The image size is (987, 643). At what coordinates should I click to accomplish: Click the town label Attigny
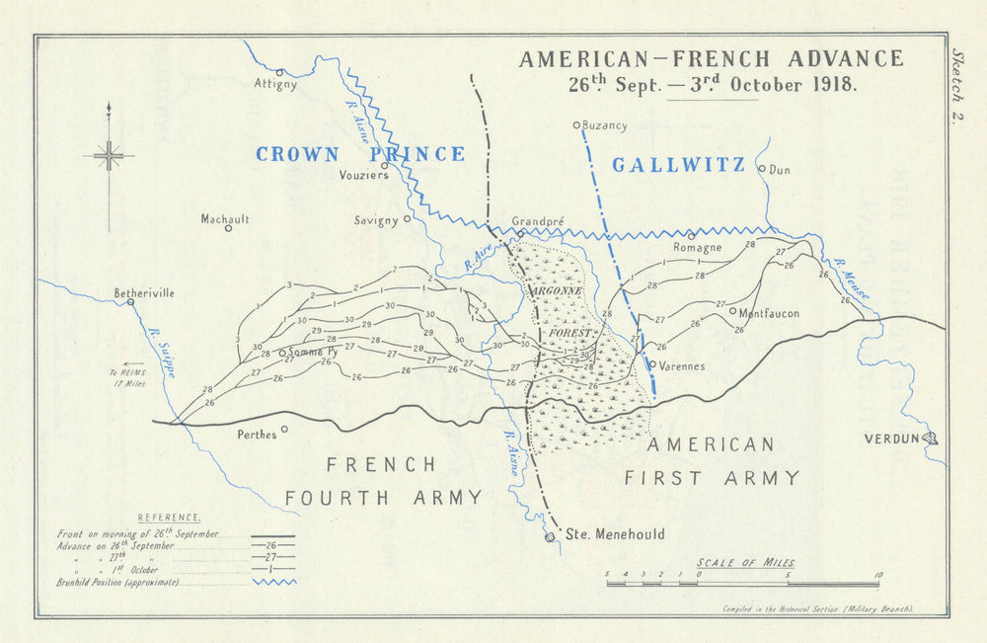[x=274, y=85]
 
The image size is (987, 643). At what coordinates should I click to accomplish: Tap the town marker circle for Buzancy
[x=577, y=125]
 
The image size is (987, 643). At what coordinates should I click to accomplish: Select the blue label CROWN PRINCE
[x=359, y=154]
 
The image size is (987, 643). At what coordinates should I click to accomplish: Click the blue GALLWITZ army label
[x=678, y=165]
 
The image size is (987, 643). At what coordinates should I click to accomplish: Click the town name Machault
[x=225, y=219]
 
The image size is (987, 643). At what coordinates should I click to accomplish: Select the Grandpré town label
[x=537, y=221]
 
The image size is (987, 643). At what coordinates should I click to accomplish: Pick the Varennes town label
[x=682, y=365]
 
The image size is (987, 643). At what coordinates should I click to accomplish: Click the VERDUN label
[x=891, y=439]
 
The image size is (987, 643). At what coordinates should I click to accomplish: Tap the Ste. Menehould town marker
[x=550, y=537]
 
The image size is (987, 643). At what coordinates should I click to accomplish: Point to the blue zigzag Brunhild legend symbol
[x=271, y=583]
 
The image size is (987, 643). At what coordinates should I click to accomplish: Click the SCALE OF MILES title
[x=745, y=562]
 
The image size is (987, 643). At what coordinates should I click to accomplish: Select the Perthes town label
[x=257, y=434]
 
